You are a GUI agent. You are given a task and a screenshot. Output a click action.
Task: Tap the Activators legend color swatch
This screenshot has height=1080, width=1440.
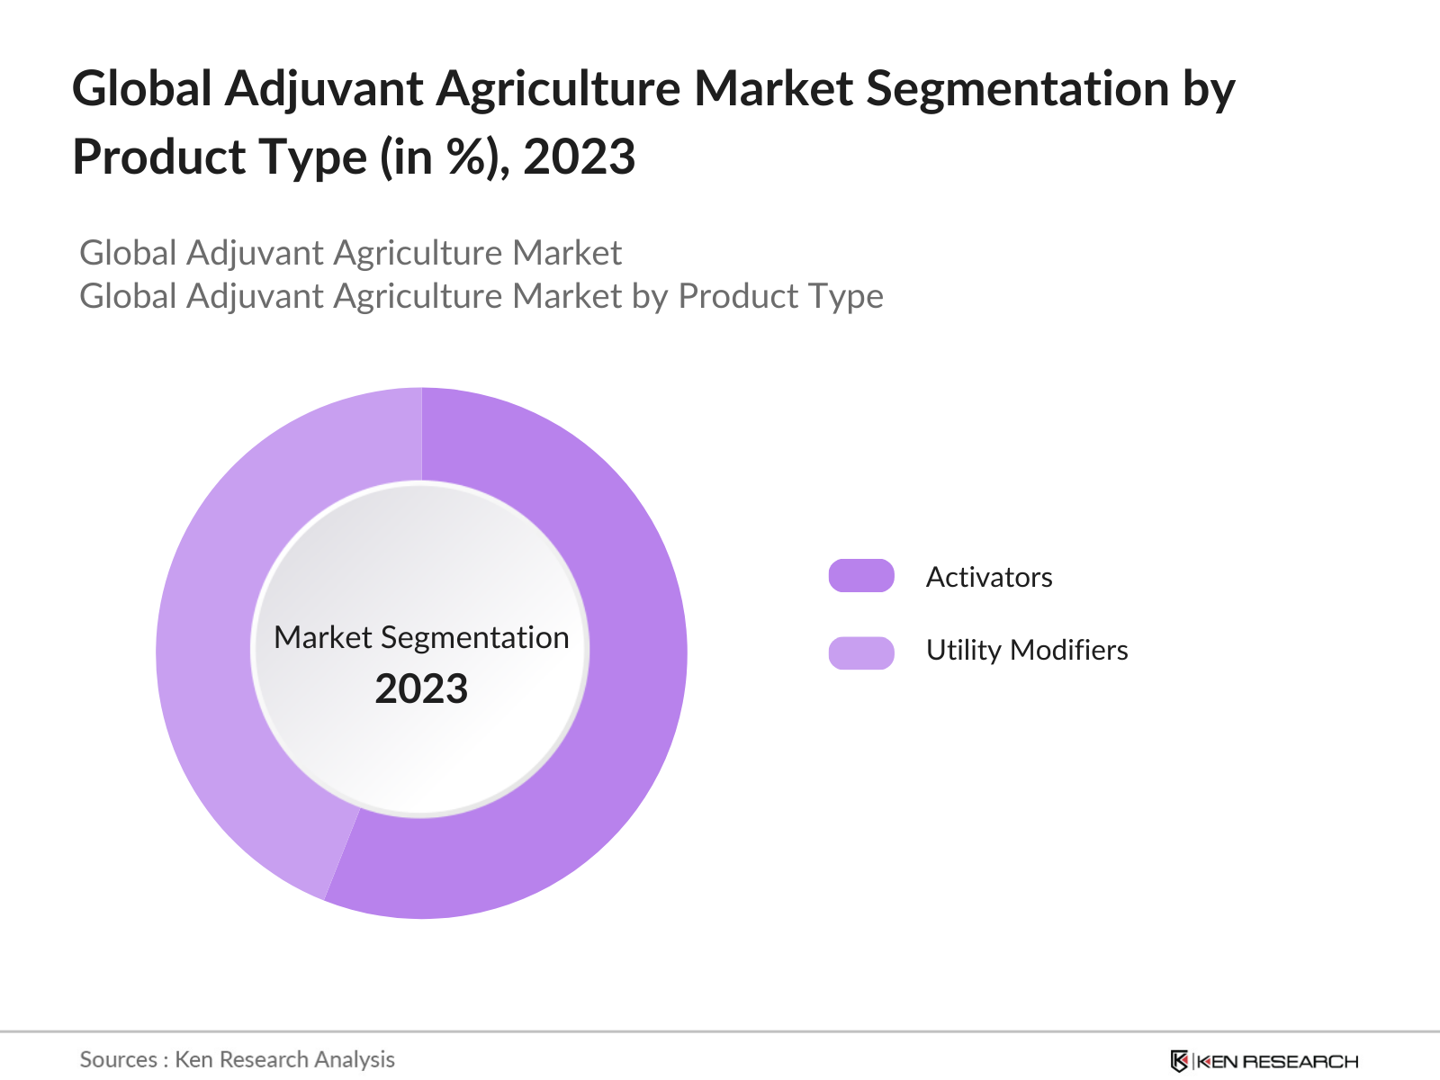coord(861,576)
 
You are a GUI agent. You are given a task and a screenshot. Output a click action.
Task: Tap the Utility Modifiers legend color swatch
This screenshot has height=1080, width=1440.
coord(861,652)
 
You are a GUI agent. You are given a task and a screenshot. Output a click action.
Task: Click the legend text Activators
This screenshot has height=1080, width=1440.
coord(989,577)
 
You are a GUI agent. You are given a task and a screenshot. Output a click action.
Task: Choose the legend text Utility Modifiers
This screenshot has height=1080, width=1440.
coord(1027,650)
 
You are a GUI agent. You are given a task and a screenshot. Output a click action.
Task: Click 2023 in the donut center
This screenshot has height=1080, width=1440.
coord(421,689)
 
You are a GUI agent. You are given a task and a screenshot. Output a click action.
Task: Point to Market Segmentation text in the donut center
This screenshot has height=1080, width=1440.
coord(421,637)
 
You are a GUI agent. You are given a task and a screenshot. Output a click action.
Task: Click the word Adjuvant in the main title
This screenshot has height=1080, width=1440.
coord(324,90)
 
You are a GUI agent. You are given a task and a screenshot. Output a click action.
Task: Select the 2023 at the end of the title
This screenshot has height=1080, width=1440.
coord(580,157)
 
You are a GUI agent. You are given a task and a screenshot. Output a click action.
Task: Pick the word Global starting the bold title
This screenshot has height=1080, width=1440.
coord(142,90)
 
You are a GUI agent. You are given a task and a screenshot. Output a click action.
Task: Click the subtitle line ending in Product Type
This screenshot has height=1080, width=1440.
coord(481,296)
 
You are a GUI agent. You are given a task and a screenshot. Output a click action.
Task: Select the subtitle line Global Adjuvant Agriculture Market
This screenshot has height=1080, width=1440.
coord(351,253)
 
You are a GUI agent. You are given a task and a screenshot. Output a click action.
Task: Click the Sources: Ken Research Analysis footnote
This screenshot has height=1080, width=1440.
coord(238,1059)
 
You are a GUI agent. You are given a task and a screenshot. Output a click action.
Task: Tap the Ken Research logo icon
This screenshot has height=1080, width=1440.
coord(1179,1061)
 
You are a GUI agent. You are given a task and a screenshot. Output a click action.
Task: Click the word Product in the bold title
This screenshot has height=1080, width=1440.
coord(158,157)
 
